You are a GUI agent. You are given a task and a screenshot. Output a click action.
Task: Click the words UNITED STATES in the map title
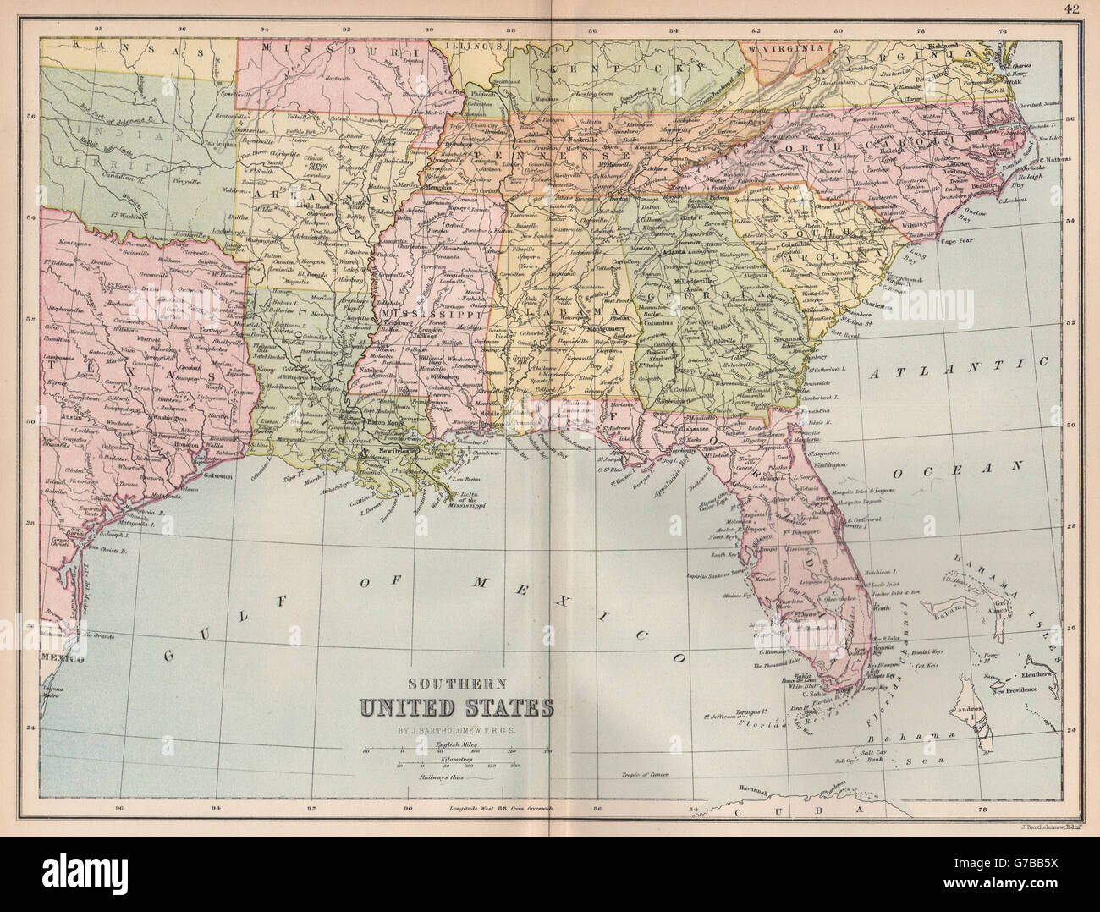click(456, 706)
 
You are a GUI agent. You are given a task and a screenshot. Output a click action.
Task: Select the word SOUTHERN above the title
click(457, 684)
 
